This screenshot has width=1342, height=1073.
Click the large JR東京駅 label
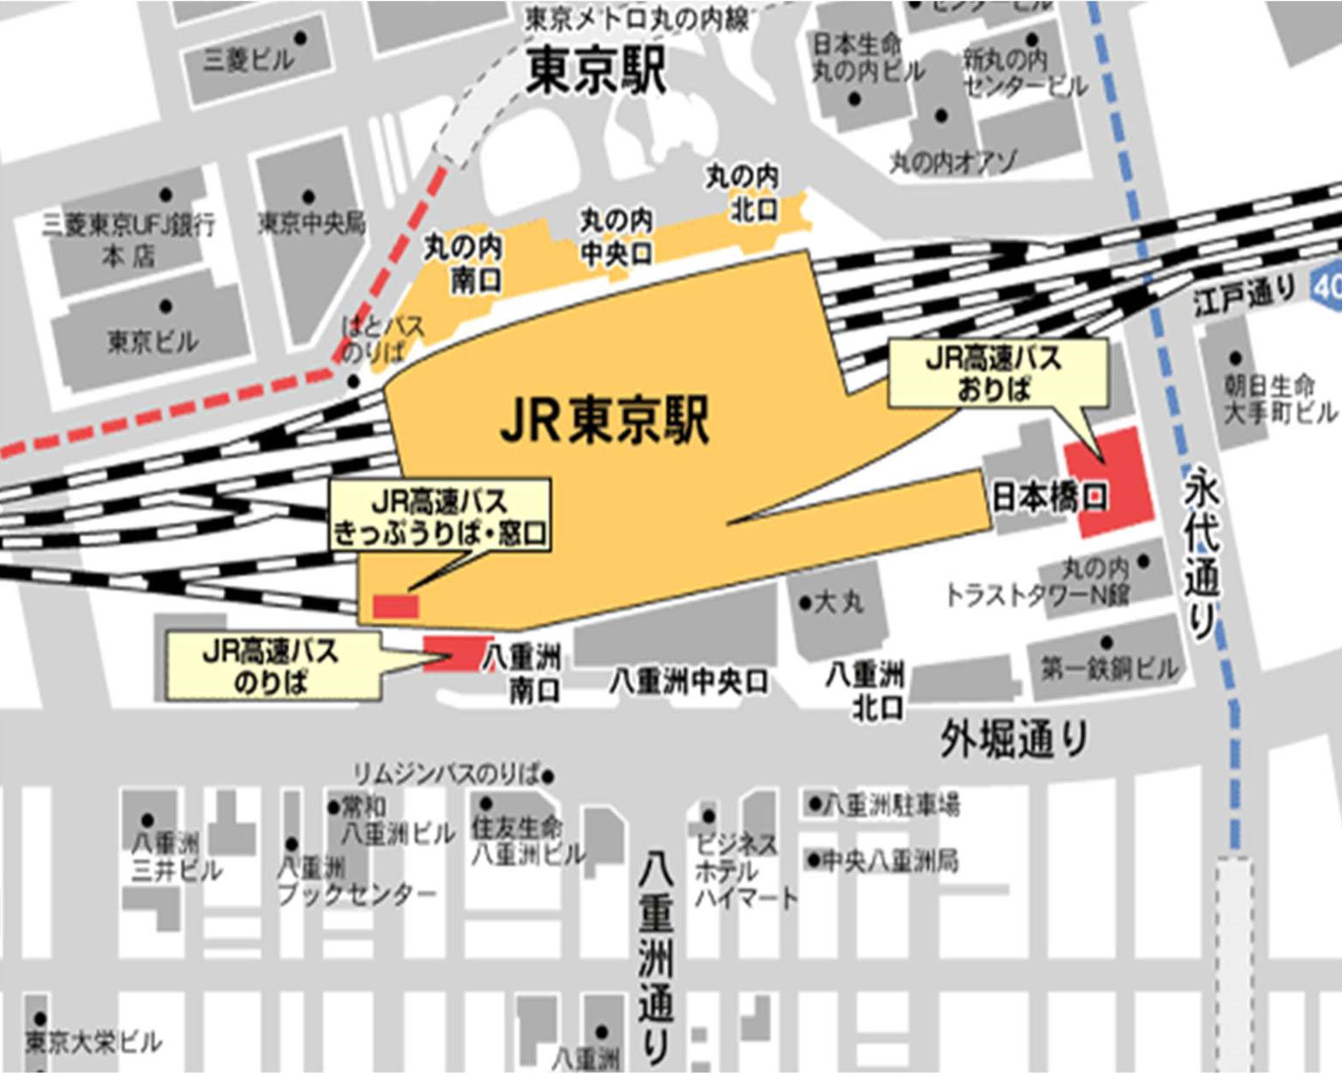click(605, 421)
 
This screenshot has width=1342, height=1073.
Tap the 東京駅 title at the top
click(597, 70)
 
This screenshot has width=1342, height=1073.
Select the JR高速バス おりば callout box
click(997, 374)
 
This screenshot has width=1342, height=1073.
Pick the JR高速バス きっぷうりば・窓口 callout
click(441, 517)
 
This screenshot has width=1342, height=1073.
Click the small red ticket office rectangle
click(397, 606)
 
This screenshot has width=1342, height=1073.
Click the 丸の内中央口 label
click(616, 236)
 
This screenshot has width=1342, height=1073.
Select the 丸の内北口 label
click(743, 193)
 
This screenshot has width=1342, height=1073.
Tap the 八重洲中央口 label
click(687, 682)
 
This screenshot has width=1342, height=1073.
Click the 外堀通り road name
click(1014, 740)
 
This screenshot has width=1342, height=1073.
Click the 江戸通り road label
click(1243, 297)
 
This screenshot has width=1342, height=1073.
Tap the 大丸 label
click(831, 601)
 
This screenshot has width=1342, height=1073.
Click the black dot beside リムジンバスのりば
click(547, 775)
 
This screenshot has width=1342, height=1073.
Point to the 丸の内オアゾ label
click(953, 161)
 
